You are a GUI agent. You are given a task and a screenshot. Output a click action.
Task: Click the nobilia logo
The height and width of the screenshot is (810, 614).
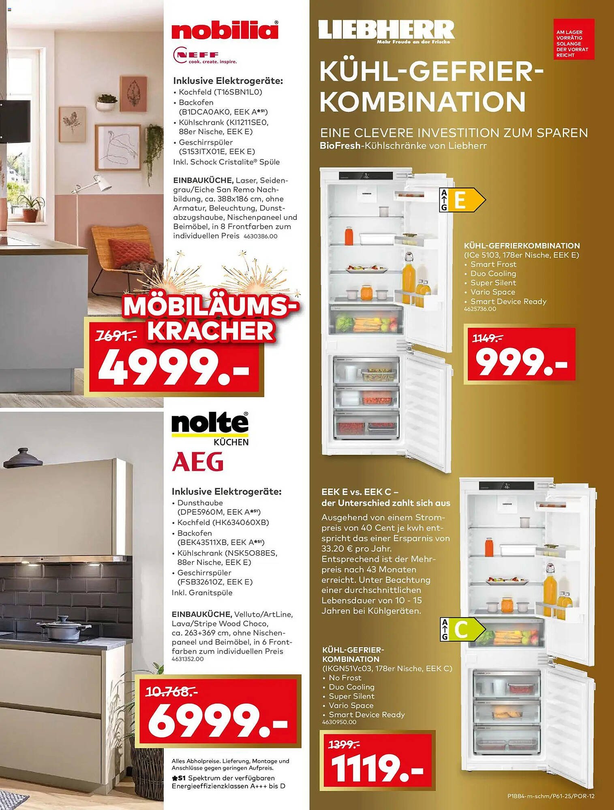[x=225, y=30]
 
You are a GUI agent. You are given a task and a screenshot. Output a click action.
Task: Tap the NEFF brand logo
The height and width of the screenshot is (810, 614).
[x=204, y=56]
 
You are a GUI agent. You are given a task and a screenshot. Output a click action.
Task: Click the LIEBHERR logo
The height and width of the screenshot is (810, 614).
[x=386, y=31]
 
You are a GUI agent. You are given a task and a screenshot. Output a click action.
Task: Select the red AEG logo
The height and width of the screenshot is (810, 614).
[x=198, y=462]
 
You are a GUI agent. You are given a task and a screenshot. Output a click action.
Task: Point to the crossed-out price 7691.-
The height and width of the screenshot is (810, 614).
[x=116, y=336]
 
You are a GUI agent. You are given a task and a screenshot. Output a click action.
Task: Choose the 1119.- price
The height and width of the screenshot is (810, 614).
[x=377, y=768]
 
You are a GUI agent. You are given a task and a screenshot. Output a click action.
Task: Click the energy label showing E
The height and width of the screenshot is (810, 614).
[x=462, y=200]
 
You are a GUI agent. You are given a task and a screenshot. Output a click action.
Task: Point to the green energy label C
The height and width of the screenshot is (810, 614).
[x=462, y=629]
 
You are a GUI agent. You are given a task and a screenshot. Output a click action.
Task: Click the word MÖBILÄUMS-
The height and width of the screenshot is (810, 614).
[x=211, y=307]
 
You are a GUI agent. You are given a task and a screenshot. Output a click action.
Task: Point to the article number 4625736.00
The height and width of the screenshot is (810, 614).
[x=480, y=309]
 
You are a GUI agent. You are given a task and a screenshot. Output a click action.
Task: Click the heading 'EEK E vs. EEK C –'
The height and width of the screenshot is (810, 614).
[x=360, y=492]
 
